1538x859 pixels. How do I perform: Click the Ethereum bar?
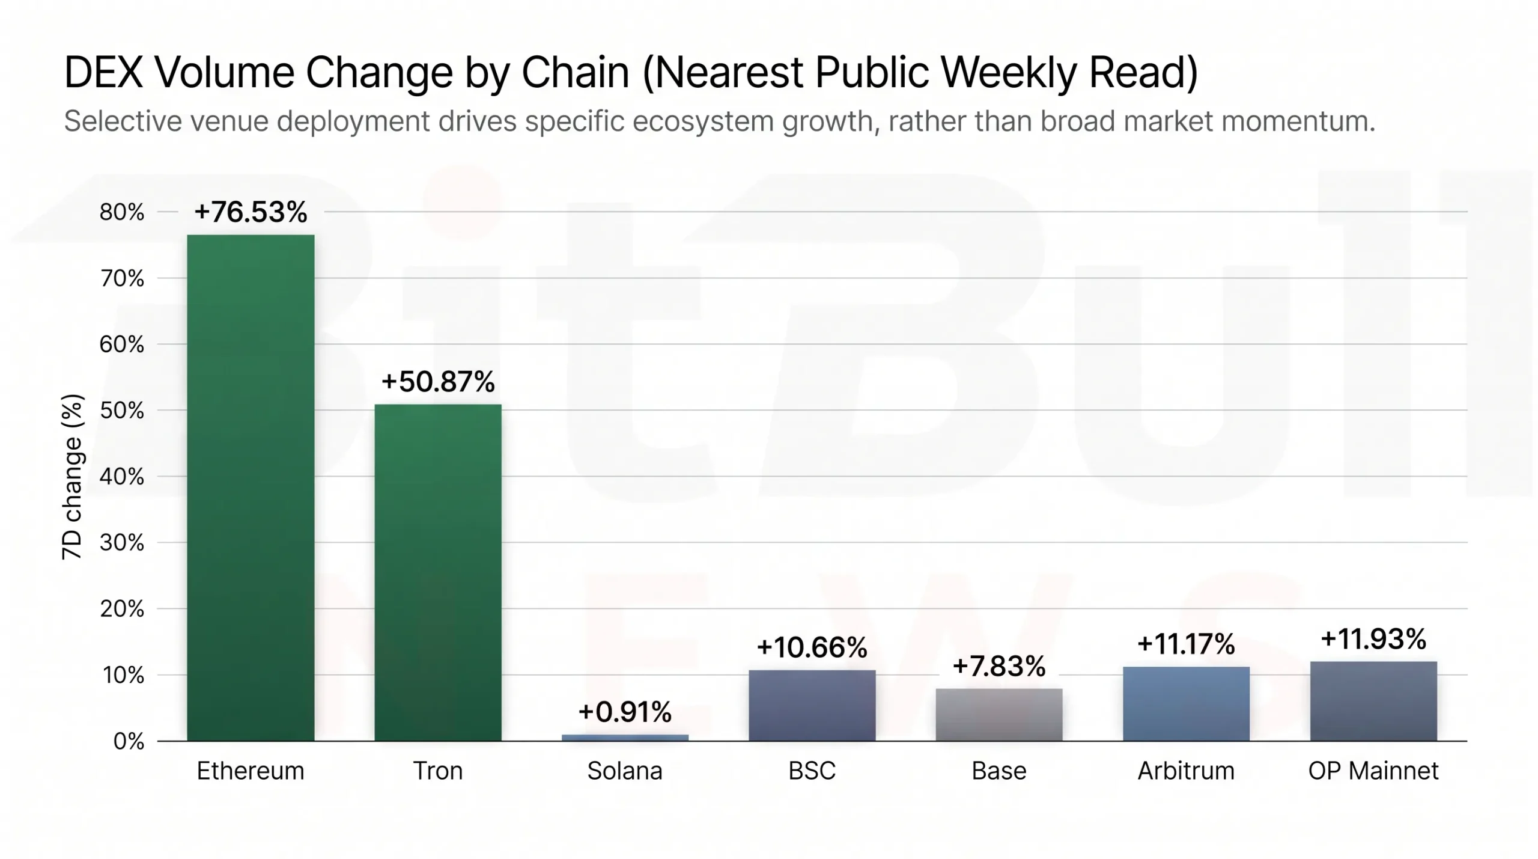(251, 487)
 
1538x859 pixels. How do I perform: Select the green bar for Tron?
(437, 571)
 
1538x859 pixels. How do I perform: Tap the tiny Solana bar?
(625, 737)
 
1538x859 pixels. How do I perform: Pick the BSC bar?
(812, 705)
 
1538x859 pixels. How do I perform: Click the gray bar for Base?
(998, 714)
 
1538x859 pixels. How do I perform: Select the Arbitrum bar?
(1186, 703)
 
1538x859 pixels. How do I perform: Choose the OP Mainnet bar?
(1373, 701)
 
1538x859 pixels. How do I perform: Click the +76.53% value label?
(251, 212)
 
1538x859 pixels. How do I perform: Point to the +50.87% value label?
(437, 382)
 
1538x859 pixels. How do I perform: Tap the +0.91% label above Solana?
(625, 712)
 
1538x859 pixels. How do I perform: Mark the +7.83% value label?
(998, 666)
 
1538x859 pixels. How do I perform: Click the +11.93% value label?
(1373, 638)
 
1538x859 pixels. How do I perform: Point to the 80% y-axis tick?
(122, 212)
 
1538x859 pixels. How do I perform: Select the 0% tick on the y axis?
(129, 741)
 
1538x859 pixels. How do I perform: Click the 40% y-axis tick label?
(122, 477)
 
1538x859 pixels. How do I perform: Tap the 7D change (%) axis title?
(72, 477)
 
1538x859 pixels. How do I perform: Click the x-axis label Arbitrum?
(1186, 771)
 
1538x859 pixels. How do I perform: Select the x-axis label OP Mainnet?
(1373, 771)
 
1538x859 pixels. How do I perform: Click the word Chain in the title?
(575, 73)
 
